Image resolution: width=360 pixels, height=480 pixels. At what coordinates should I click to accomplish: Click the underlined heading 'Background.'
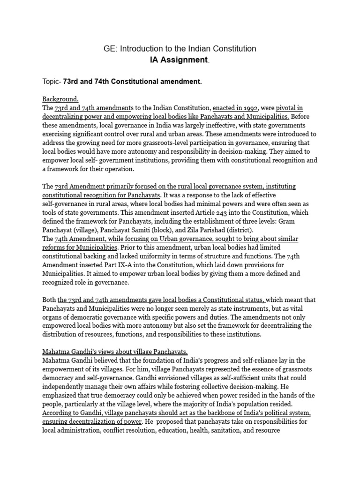60,99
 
